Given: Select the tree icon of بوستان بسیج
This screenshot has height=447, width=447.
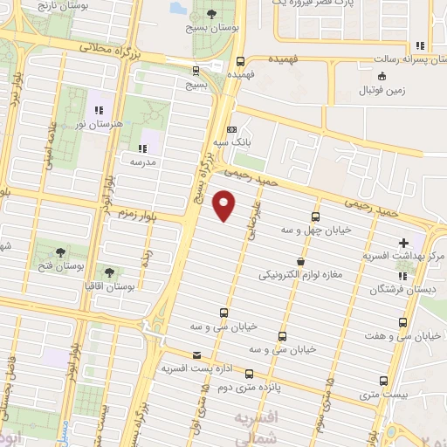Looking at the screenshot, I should (212, 13).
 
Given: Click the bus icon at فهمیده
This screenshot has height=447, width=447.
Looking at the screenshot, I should (240, 60).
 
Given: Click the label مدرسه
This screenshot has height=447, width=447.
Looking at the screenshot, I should (142, 162).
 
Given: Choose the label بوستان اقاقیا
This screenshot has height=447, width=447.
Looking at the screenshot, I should (108, 285).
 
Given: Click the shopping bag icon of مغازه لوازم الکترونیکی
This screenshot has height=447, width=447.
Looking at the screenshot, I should (301, 260).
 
